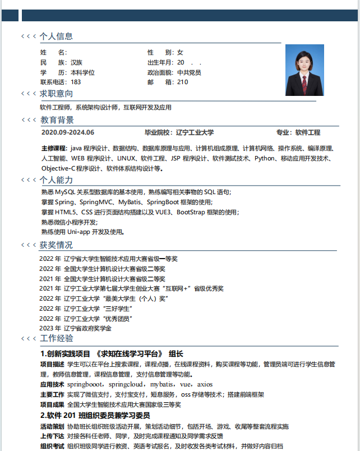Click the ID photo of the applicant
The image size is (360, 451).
304,70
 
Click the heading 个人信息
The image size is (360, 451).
56,36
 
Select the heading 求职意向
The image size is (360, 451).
56,94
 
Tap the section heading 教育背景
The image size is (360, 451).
57,120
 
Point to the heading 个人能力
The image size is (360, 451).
56,180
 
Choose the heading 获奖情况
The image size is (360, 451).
56,245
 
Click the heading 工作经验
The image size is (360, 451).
57,338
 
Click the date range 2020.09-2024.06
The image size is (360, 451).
68,133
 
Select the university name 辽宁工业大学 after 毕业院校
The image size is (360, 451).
195,133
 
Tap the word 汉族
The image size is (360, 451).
77,62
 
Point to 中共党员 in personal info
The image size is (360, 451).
189,72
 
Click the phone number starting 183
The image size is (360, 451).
76,82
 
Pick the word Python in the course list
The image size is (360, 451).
265,159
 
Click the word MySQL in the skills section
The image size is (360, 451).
65,192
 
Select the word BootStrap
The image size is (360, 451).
192,213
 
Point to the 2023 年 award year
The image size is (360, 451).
50,329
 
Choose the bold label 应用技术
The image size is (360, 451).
52,385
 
